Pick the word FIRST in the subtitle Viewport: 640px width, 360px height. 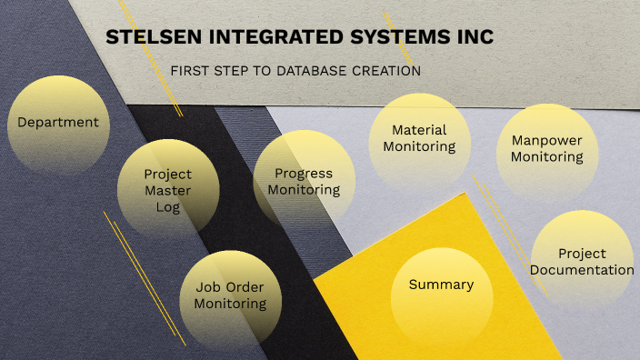click(x=189, y=70)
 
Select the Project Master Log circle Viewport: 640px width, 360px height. click(x=168, y=189)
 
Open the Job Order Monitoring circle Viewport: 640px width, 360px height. click(x=230, y=295)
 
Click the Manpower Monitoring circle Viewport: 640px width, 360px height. click(x=546, y=149)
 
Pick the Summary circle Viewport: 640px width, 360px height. click(x=441, y=285)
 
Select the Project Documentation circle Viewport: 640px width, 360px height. click(x=582, y=261)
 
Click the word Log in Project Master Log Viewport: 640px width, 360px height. click(x=168, y=207)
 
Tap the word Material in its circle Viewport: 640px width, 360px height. click(x=418, y=129)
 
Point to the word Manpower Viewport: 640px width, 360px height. click(x=546, y=140)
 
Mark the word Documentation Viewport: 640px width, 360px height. click(x=582, y=270)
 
